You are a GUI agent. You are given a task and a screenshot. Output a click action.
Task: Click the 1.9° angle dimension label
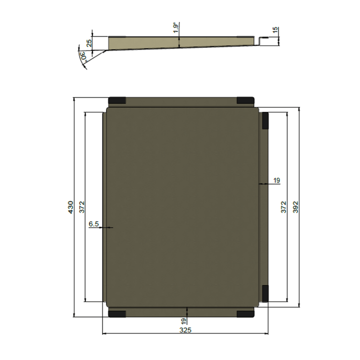(x=175, y=28)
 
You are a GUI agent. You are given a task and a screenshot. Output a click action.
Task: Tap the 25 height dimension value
(x=89, y=43)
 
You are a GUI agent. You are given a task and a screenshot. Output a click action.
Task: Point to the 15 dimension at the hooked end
(x=275, y=30)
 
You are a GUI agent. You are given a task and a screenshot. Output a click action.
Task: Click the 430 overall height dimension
(x=70, y=207)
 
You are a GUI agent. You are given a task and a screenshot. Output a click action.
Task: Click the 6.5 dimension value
(x=93, y=224)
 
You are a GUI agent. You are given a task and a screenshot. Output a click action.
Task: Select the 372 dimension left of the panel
(x=82, y=207)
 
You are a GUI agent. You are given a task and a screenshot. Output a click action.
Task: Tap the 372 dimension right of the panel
(x=283, y=207)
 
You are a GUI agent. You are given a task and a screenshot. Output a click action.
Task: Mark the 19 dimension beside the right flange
(x=276, y=180)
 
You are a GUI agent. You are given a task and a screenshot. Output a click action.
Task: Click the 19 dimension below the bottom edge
(x=183, y=321)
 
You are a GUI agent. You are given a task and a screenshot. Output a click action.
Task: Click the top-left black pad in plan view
(x=117, y=100)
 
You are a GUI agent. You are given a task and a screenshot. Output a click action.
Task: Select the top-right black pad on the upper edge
(x=245, y=100)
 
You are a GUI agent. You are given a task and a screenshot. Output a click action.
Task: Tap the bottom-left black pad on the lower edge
(x=117, y=314)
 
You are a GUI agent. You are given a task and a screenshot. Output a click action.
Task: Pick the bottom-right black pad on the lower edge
(x=245, y=314)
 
